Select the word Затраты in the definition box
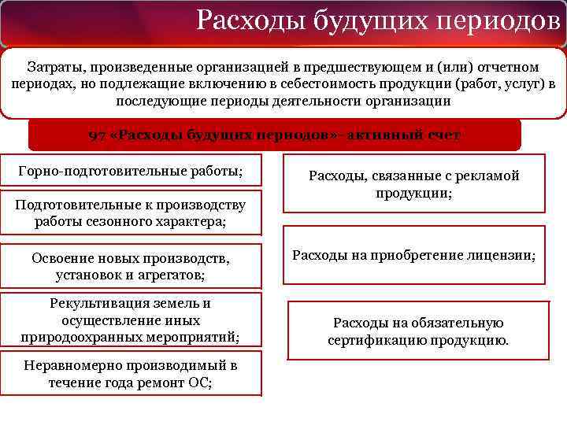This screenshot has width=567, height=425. pyautogui.click(x=54, y=67)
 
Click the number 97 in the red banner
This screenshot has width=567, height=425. pyautogui.click(x=97, y=135)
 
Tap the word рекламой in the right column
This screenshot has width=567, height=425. pyautogui.click(x=491, y=176)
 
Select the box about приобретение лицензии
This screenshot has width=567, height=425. pyautogui.click(x=413, y=255)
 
